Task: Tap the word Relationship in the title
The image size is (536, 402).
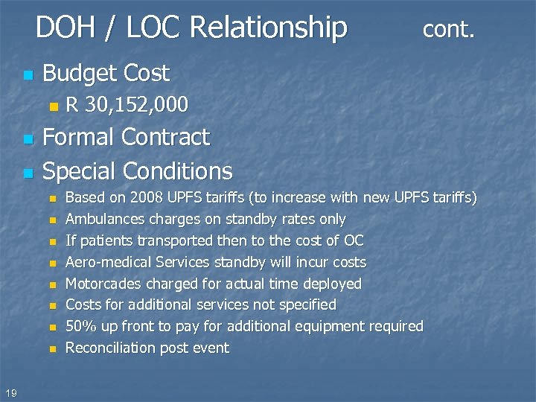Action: tap(269, 28)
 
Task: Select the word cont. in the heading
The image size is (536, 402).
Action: tap(449, 29)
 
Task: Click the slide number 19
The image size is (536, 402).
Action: tap(10, 392)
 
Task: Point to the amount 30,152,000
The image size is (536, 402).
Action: tap(136, 105)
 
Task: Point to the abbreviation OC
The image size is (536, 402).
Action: tap(354, 240)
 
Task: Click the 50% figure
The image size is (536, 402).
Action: tap(80, 326)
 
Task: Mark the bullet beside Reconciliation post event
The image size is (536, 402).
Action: tap(52, 348)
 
